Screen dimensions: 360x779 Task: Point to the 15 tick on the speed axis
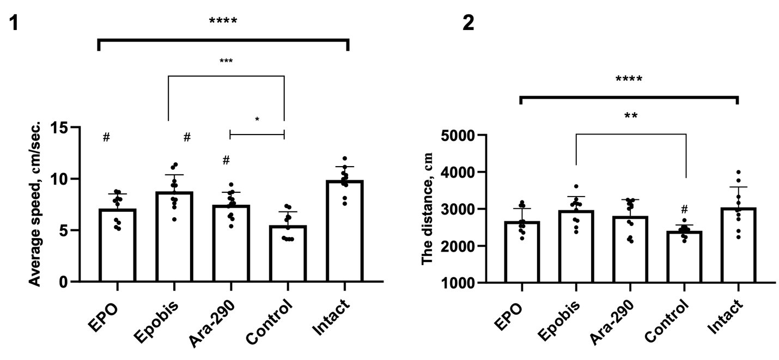pyautogui.click(x=63, y=127)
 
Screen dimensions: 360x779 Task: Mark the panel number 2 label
pyautogui.click(x=468, y=23)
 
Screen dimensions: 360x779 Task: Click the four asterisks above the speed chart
pyautogui.click(x=223, y=22)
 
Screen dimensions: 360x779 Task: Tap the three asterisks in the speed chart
pyautogui.click(x=226, y=61)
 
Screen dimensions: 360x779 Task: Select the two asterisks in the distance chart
pyautogui.click(x=631, y=116)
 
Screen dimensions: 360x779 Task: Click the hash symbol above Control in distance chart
pyautogui.click(x=685, y=209)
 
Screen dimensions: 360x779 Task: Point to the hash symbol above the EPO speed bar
pyautogui.click(x=106, y=137)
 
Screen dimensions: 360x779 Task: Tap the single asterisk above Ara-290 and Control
pyautogui.click(x=257, y=119)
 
